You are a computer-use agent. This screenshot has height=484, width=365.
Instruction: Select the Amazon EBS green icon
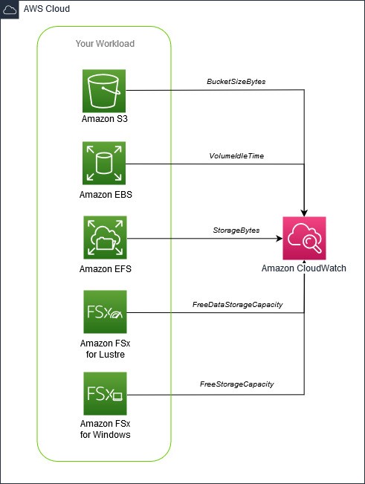105,164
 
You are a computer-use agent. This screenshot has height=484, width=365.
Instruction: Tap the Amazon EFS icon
105,238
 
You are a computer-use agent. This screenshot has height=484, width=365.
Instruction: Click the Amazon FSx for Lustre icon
105,313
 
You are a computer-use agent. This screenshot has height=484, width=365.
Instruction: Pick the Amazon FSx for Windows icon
105,396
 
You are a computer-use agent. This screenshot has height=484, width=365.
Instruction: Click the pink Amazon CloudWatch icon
305,238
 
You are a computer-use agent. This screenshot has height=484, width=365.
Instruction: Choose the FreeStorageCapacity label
236,384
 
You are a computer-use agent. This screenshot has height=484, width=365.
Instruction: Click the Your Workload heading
105,43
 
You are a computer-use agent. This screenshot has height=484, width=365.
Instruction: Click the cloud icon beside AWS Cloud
10,10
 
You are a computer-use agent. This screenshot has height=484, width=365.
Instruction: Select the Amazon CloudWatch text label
304,268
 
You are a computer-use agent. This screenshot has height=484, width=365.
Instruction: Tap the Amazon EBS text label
105,194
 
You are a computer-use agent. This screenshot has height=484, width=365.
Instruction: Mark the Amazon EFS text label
105,268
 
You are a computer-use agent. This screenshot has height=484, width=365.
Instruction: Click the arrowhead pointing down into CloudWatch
305,211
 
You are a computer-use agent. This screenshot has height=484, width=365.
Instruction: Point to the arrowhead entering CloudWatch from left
278,239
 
